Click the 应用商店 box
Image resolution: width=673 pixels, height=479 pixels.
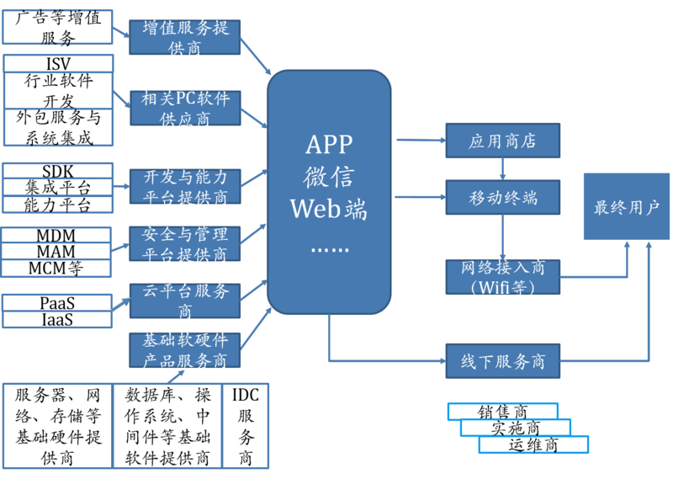(x=502, y=141)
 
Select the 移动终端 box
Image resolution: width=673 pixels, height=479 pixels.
(x=502, y=199)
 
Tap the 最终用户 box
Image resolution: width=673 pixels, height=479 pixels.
(x=627, y=207)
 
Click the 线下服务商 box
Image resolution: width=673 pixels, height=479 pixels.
(x=502, y=362)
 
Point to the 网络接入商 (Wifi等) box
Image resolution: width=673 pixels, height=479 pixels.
(x=502, y=277)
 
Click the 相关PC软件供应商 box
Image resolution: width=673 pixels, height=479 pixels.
(x=185, y=109)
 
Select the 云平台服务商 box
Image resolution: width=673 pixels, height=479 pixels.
(x=185, y=301)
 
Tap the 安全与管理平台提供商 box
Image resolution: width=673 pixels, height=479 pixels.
(x=185, y=243)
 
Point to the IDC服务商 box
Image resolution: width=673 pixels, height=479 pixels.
(x=245, y=426)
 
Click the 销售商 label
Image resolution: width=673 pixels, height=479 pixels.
(x=503, y=412)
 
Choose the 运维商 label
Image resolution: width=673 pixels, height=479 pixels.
(x=533, y=444)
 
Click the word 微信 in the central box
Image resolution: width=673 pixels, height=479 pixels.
(x=328, y=177)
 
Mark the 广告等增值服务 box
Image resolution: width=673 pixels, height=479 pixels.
(x=58, y=27)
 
